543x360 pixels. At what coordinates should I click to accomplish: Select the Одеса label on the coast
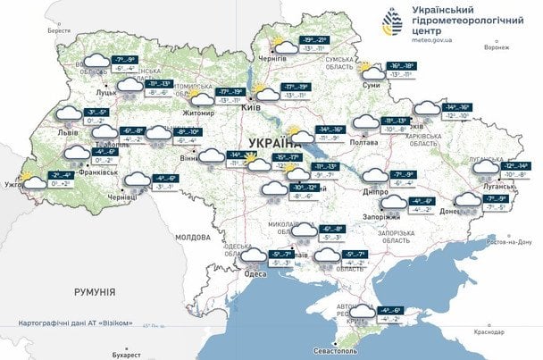pos(255,273)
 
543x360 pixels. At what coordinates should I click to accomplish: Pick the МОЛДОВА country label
pos(192,237)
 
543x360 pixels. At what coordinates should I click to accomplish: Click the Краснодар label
pos(491,330)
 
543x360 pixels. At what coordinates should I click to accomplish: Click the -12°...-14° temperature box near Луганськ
pos(521,166)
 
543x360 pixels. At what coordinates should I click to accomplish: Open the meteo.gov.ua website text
pos(438,40)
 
